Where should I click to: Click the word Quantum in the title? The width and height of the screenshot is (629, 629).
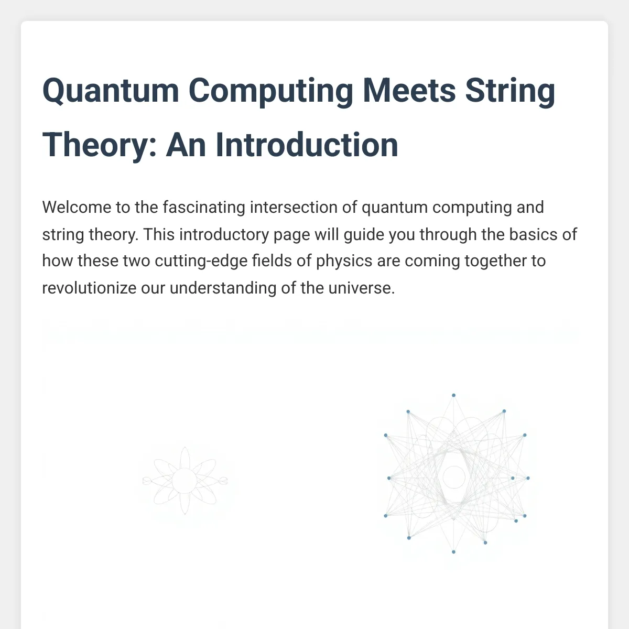coord(111,90)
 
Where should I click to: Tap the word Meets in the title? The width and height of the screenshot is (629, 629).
coord(409,90)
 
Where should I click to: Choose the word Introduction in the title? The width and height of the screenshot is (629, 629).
coord(307,144)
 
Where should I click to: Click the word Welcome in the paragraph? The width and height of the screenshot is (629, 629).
coord(77,207)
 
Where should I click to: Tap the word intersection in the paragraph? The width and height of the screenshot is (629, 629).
coord(294,207)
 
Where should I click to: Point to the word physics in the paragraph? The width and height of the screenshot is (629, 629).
coord(344,262)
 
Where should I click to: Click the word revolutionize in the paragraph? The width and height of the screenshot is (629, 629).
coord(90,288)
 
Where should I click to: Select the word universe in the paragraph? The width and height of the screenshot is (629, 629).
coord(362,288)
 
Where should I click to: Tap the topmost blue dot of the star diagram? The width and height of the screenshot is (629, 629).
coord(453,395)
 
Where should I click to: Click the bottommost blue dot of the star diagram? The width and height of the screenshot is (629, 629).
coord(453,552)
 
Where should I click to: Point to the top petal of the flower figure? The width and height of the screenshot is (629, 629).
coord(185,457)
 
